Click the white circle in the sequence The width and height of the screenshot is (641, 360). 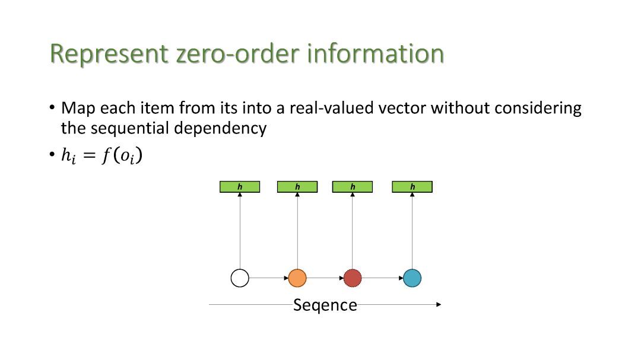pyautogui.click(x=240, y=278)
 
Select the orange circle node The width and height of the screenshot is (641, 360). pyautogui.click(x=297, y=278)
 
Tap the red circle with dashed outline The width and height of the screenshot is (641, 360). pyautogui.click(x=353, y=278)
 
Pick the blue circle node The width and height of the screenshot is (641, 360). pyautogui.click(x=412, y=278)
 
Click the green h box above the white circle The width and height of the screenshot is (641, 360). pyautogui.click(x=240, y=187)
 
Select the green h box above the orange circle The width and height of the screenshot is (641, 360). pyautogui.click(x=297, y=187)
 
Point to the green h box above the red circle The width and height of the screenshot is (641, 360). pyautogui.click(x=353, y=187)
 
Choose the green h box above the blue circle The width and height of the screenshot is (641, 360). pyautogui.click(x=412, y=187)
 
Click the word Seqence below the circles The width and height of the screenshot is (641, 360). pyautogui.click(x=325, y=305)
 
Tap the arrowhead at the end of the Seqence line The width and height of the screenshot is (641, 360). pyautogui.click(x=439, y=304)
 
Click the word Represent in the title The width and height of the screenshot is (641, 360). pyautogui.click(x=108, y=53)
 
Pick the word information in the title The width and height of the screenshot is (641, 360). pyautogui.click(x=375, y=53)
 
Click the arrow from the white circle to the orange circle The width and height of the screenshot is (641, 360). pyautogui.click(x=268, y=278)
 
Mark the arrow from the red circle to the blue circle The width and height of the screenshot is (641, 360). pyautogui.click(x=382, y=278)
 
